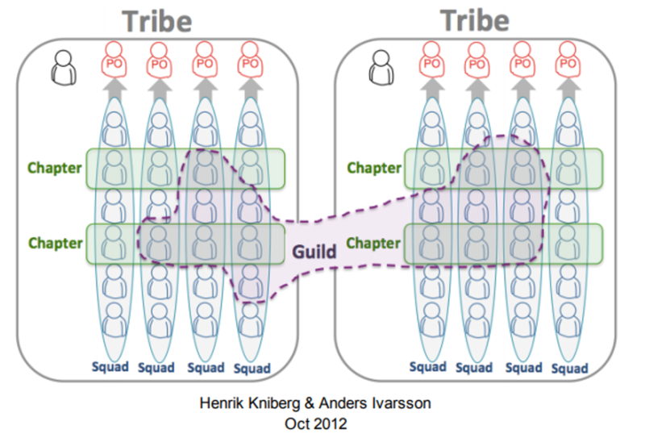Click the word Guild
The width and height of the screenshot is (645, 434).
tap(314, 252)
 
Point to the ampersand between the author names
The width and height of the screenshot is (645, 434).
tap(310, 403)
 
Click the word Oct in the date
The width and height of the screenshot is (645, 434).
tap(295, 424)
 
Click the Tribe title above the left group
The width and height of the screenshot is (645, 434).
tap(157, 21)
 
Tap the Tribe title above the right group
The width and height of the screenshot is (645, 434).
tap(475, 20)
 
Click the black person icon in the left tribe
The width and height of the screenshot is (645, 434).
tap(64, 68)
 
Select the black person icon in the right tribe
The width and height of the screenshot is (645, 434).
tap(381, 68)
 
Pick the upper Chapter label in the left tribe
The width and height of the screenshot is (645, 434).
tap(55, 168)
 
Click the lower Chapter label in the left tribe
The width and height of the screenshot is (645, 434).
tap(56, 243)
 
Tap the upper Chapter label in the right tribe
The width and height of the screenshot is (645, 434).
tap(374, 168)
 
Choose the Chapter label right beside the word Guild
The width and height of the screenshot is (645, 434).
tap(373, 243)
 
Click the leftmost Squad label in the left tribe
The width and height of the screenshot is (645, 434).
tap(110, 367)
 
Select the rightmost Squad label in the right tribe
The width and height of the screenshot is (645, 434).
tap(570, 368)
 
